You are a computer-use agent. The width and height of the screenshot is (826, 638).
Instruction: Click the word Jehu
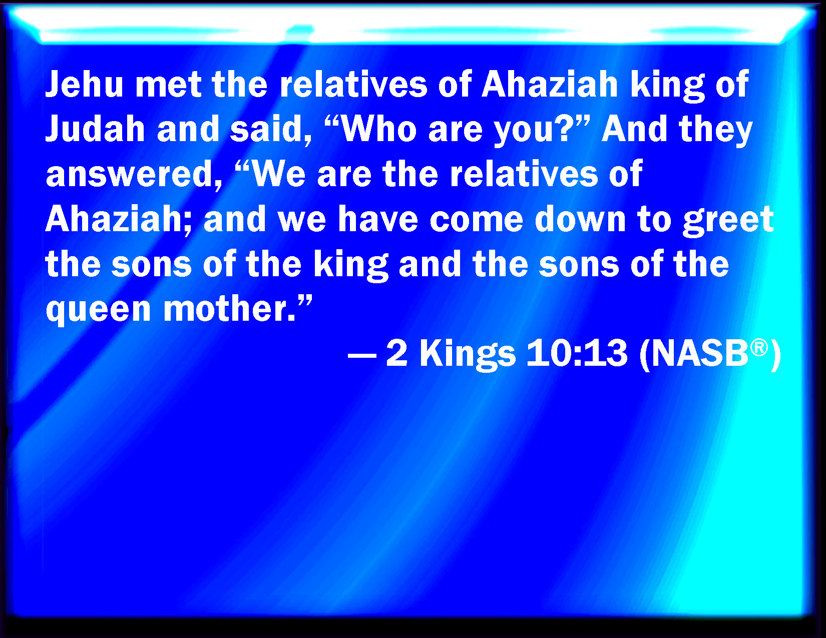(x=85, y=84)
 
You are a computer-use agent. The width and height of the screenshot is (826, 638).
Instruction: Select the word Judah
(x=95, y=129)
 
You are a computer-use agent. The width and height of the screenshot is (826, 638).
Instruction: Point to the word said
(x=270, y=129)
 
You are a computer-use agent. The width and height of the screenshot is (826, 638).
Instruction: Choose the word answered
(x=134, y=175)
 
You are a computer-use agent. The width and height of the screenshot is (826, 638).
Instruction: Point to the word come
(x=477, y=221)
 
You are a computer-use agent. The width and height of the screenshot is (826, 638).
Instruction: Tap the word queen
(x=98, y=310)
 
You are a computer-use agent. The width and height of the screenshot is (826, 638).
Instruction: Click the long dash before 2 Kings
(x=362, y=356)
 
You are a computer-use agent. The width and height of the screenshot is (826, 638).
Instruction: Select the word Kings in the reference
(x=468, y=355)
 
